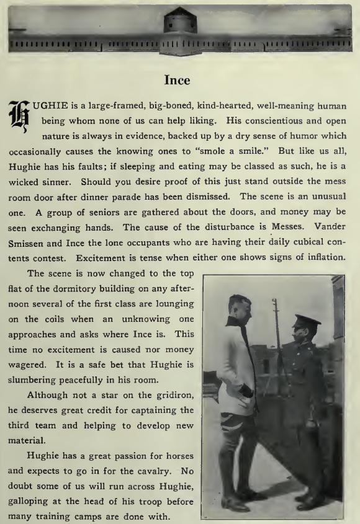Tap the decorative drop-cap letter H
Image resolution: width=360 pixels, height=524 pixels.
(20, 118)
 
